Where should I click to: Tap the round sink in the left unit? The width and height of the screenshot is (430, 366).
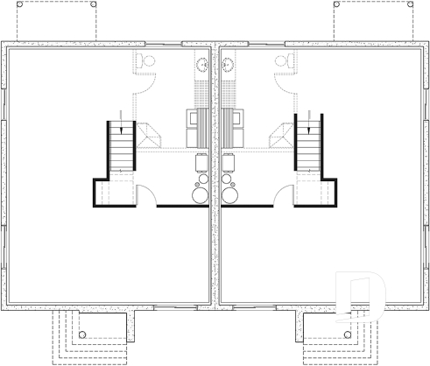click(x=201, y=63)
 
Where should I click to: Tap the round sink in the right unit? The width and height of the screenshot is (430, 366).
click(x=229, y=63)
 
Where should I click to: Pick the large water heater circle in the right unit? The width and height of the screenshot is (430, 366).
click(x=231, y=194)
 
